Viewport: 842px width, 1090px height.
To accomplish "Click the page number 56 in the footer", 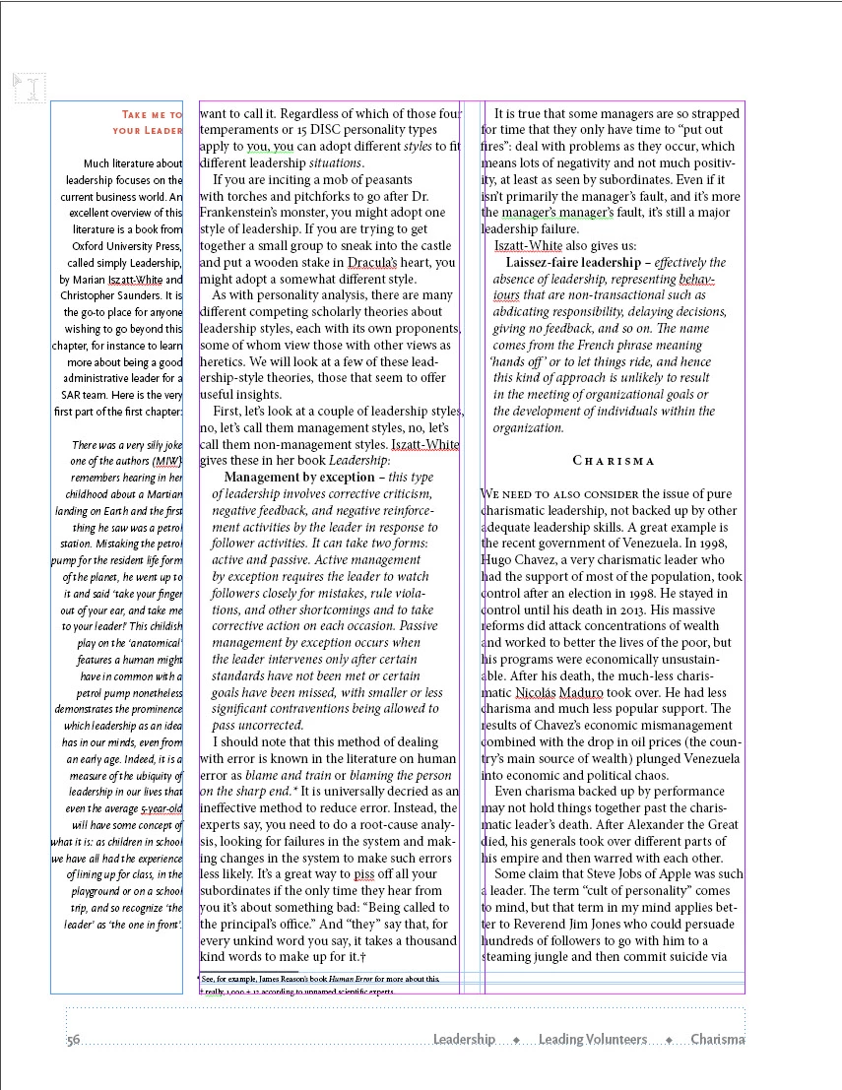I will click(x=73, y=1040).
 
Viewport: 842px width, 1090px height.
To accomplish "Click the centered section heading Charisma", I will click(x=614, y=461).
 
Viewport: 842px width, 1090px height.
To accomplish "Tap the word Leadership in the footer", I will click(x=464, y=1040).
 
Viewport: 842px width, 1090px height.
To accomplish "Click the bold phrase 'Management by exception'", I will click(x=285, y=478).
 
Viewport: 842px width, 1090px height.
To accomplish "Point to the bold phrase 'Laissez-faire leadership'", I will click(x=572, y=263).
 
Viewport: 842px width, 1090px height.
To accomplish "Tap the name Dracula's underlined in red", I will click(x=372, y=263).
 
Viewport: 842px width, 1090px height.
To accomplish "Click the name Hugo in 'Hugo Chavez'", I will click(x=498, y=560).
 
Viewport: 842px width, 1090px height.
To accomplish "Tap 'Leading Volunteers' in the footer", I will click(x=592, y=1040).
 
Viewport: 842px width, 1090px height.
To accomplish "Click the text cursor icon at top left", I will click(x=31, y=90).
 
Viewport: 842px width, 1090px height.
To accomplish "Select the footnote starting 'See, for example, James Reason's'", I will click(x=320, y=980).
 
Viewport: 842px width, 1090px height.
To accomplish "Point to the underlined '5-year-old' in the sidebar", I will click(x=161, y=808).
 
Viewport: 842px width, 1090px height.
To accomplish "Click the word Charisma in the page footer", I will click(x=717, y=1040).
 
